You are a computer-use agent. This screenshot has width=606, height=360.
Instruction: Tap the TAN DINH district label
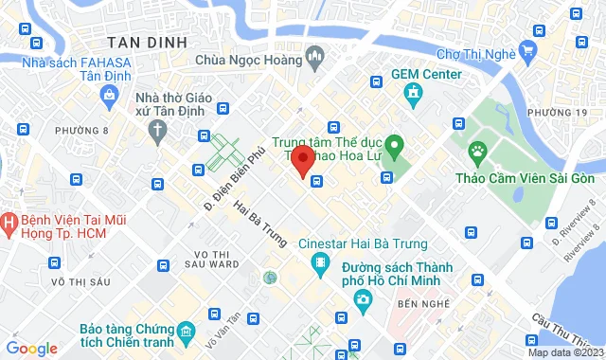[145, 43]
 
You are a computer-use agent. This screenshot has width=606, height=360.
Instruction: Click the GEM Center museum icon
[413, 93]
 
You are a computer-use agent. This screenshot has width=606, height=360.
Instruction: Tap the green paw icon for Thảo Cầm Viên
[478, 151]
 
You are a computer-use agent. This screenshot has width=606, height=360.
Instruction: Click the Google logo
[31, 349]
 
